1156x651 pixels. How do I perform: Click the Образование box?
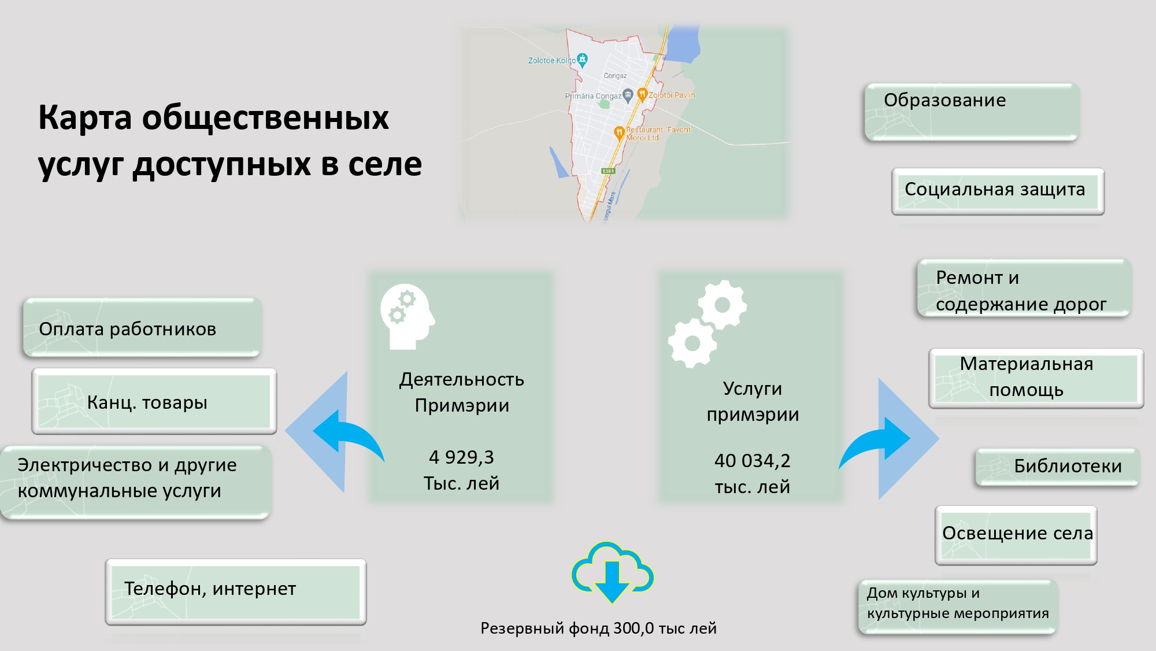pos(971,112)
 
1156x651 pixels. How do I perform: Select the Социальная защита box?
pos(997,191)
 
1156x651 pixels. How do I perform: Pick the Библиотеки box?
pos(1057,467)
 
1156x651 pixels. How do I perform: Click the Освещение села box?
pos(1016,534)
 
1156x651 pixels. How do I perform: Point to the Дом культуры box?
pos(957,606)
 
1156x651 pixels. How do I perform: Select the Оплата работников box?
pos(142,328)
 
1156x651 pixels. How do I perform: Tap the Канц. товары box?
pos(154,402)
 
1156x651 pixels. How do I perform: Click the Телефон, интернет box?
pos(235,591)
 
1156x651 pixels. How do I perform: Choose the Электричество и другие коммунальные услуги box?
pos(135,480)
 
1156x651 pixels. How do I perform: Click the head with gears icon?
pos(407,316)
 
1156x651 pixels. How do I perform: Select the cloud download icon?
pos(612,572)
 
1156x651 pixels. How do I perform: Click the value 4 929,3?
pos(461,457)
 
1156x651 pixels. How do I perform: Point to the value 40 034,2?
pos(752,461)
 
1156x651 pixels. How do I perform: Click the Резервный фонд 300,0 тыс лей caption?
pos(598,628)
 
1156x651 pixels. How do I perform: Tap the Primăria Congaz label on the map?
pos(594,96)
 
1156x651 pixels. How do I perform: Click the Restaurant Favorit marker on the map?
pos(619,132)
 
